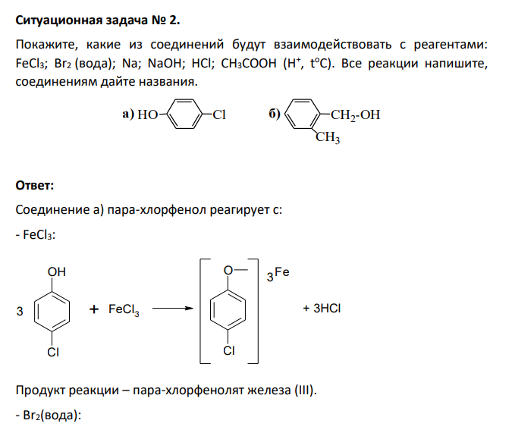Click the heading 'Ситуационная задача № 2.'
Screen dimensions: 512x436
(x=98, y=20)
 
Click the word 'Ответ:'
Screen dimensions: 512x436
(x=35, y=185)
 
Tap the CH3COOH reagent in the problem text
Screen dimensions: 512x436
(x=249, y=63)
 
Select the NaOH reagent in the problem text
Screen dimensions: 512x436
(x=165, y=63)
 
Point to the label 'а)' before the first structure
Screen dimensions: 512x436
(x=128, y=114)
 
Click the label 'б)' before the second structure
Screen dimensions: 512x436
(x=275, y=114)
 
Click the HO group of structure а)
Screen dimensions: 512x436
(x=147, y=114)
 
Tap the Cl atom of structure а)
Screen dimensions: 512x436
(x=219, y=114)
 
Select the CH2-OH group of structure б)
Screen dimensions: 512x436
(x=355, y=115)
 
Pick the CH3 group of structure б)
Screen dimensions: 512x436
(x=328, y=137)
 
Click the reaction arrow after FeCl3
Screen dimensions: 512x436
(x=173, y=308)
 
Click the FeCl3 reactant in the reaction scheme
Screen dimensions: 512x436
(x=124, y=309)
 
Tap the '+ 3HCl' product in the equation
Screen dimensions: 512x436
(x=322, y=308)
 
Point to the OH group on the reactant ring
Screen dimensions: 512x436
(x=56, y=272)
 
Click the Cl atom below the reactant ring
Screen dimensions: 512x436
(x=53, y=352)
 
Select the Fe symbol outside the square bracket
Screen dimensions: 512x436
(x=282, y=272)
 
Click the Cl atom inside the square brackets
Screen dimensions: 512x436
(x=229, y=351)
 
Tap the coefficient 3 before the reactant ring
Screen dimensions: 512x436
(x=20, y=311)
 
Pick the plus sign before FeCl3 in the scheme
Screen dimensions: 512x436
(x=94, y=309)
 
